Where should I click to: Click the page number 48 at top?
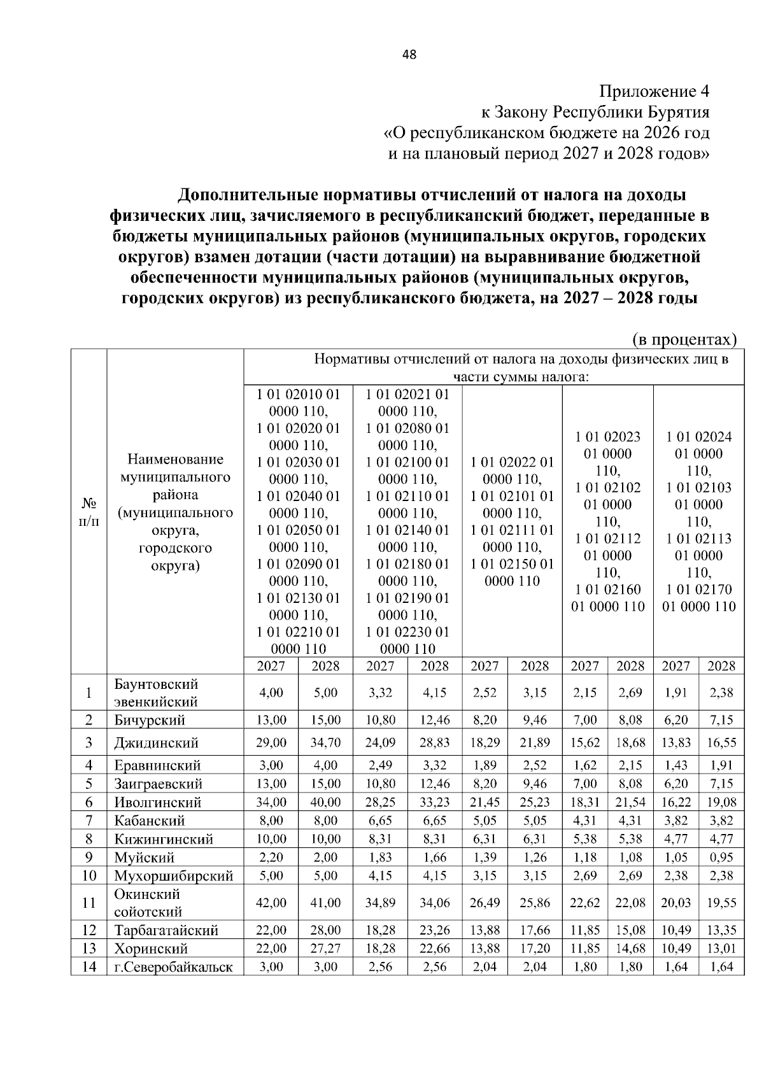(x=409, y=55)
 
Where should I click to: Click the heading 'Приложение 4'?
(x=654, y=91)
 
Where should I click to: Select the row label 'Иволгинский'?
(x=158, y=802)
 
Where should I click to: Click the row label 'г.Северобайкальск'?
(x=173, y=967)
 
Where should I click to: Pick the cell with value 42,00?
(x=271, y=903)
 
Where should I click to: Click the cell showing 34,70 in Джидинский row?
(x=325, y=742)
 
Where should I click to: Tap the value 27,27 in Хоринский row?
(x=325, y=949)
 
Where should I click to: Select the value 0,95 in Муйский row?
(x=721, y=857)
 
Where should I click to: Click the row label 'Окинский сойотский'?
(x=148, y=903)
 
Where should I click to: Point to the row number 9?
(x=89, y=857)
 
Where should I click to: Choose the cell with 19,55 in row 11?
(x=721, y=903)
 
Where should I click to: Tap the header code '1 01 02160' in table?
(x=607, y=589)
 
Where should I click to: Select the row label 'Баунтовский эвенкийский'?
(x=156, y=693)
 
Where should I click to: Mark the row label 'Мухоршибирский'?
(x=173, y=875)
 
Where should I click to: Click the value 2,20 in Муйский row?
(x=271, y=857)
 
